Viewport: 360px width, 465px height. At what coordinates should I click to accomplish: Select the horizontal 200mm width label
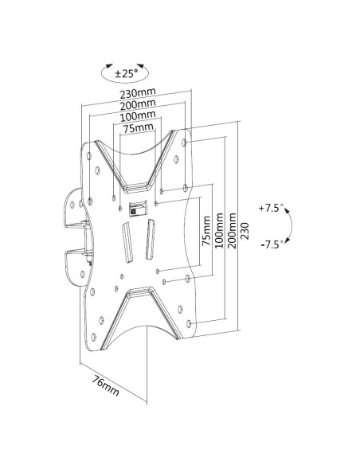pos(133,105)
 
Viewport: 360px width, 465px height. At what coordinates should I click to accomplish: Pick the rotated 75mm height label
pos(207,230)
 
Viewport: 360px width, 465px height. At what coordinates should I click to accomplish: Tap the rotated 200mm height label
pos(233,228)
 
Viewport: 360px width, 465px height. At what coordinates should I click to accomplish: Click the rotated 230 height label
pos(245,232)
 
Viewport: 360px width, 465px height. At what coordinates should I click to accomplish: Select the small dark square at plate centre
pos(135,209)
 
